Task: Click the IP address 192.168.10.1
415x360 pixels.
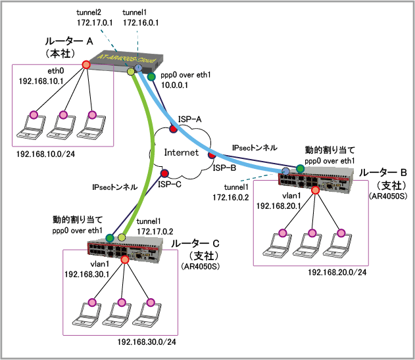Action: [x=41, y=81]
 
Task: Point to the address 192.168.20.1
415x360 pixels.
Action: [x=278, y=206]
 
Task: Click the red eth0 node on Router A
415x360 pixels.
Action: [x=86, y=65]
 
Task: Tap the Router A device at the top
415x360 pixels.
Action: [x=125, y=62]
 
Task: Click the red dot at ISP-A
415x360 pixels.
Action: [x=172, y=130]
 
